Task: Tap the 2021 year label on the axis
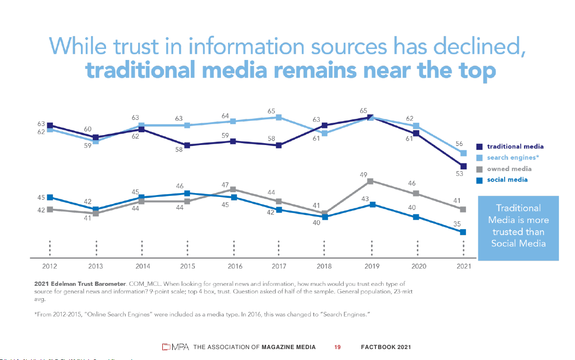(463, 266)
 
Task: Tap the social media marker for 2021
(463, 232)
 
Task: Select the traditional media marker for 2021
(463, 166)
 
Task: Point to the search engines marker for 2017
(279, 117)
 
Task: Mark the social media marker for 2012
(50, 197)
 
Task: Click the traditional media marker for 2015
(187, 145)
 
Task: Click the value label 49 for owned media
(363, 175)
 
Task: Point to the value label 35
(456, 224)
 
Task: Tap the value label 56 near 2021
(459, 144)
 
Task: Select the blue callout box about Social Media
(518, 227)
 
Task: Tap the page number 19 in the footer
(337, 347)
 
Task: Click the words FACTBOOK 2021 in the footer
(386, 347)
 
